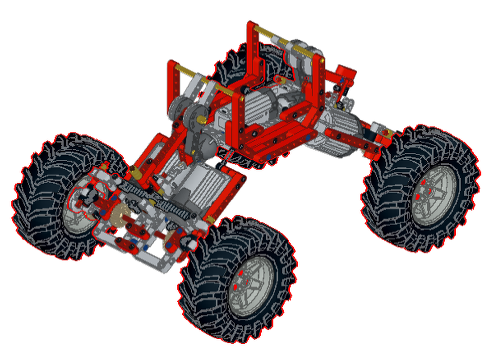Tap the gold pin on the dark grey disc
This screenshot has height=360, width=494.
(202, 120)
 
